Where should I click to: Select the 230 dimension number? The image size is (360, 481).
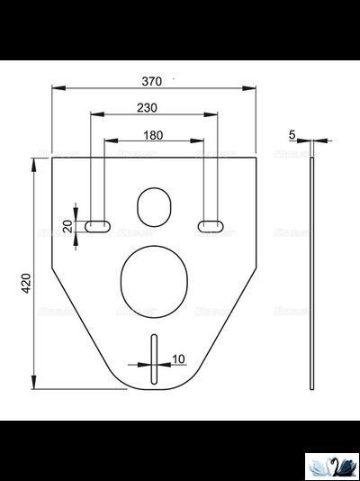click(148, 108)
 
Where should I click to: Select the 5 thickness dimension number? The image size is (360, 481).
click(292, 134)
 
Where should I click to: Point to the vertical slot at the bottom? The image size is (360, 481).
click(155, 359)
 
